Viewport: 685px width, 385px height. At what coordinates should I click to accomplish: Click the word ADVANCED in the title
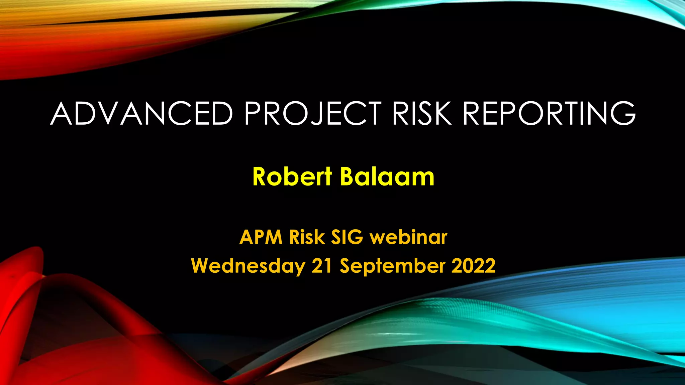click(141, 114)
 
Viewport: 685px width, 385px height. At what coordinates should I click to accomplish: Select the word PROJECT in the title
click(313, 114)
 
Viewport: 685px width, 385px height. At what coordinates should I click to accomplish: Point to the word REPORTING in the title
click(549, 114)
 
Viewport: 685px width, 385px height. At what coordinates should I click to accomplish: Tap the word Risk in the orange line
click(307, 237)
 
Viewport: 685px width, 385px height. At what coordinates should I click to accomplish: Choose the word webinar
click(408, 237)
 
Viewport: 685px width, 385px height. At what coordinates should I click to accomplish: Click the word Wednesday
click(248, 266)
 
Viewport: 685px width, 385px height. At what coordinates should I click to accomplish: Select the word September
click(393, 266)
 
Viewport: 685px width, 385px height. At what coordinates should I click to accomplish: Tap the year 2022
click(473, 266)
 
